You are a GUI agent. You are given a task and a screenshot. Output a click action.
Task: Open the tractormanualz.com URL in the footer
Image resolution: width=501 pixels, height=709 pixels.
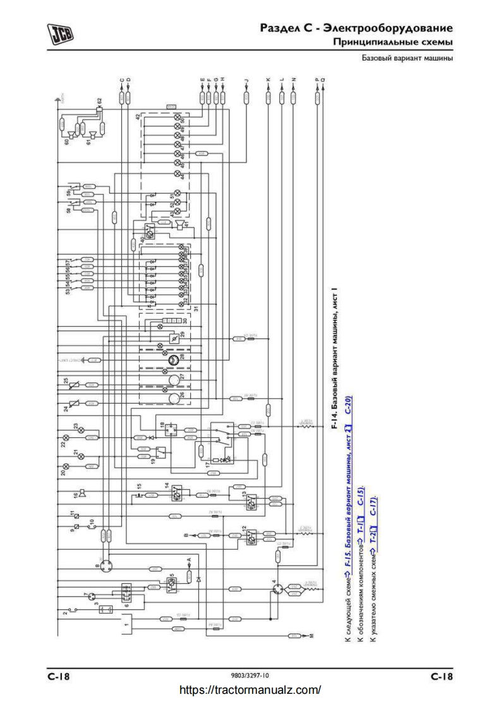pyautogui.click(x=250, y=690)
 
